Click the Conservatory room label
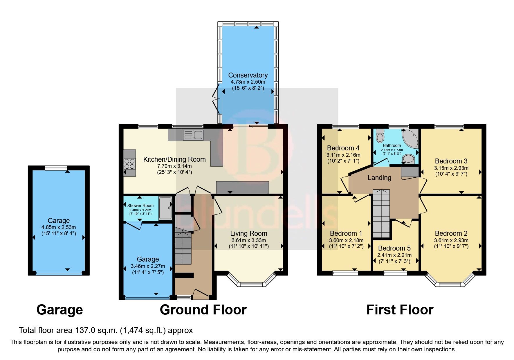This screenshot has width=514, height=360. click(x=248, y=75)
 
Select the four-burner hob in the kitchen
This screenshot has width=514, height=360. click(x=129, y=164)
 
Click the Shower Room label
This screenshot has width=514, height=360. click(x=140, y=206)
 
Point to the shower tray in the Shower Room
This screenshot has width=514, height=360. click(x=165, y=208)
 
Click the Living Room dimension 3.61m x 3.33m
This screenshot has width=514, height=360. click(x=248, y=240)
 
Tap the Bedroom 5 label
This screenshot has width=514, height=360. click(x=394, y=248)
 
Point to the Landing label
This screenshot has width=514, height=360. click(x=379, y=178)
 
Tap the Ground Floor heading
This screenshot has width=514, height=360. click(x=203, y=310)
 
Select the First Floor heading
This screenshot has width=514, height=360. click(x=400, y=310)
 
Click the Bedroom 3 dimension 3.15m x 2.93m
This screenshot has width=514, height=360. click(x=451, y=168)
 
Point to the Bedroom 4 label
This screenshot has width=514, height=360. click(x=343, y=148)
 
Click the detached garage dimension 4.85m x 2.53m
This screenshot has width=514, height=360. click(x=59, y=227)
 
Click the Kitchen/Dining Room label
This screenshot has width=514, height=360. click(x=174, y=159)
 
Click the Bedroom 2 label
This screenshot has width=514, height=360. click(x=451, y=233)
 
